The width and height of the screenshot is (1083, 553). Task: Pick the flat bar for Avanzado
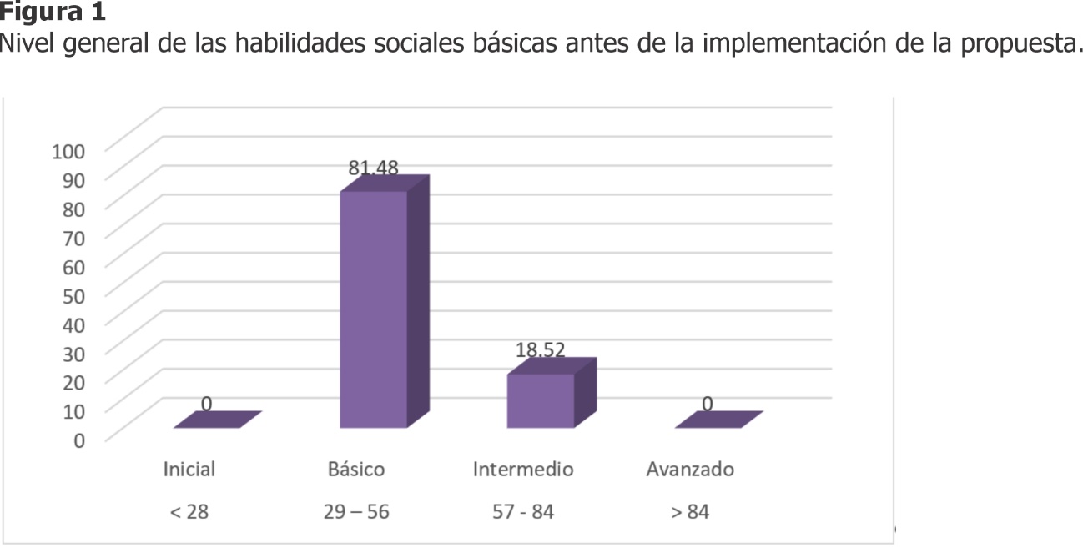718,420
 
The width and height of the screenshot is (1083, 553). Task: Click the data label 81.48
373,168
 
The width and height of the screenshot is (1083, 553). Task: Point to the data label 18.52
540,350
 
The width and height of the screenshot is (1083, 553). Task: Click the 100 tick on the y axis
69,151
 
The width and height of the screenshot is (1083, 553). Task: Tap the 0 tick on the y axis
79,439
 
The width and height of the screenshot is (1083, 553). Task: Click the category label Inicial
189,470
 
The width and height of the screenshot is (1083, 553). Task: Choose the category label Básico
356,470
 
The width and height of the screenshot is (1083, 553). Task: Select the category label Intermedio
523,470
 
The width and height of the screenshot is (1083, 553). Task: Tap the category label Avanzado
690,470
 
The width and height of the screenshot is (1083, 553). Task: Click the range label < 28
189,512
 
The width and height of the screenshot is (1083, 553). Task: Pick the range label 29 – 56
356,512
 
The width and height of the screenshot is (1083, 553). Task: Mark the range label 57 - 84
523,512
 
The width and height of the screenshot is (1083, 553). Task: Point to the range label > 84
690,512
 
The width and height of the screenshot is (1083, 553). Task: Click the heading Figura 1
53,13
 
